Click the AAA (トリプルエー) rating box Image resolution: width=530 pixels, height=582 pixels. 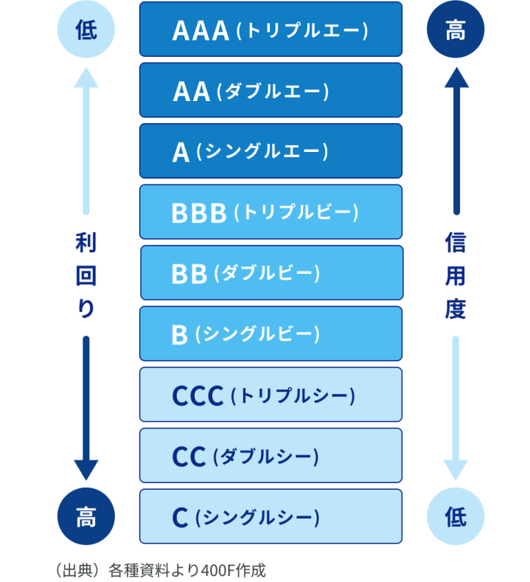point(271,30)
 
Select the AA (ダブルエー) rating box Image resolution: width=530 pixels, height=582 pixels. point(271,91)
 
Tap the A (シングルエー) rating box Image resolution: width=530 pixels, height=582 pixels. point(271,151)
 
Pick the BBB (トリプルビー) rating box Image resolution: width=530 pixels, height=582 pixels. point(271,212)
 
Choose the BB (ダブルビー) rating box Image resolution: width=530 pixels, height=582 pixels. point(271,273)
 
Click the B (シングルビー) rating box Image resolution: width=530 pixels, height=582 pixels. point(271,333)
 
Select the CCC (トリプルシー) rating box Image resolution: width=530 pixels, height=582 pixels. point(271,395)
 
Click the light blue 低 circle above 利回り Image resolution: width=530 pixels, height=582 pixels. point(86,30)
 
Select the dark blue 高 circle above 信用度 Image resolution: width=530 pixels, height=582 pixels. point(456,30)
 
